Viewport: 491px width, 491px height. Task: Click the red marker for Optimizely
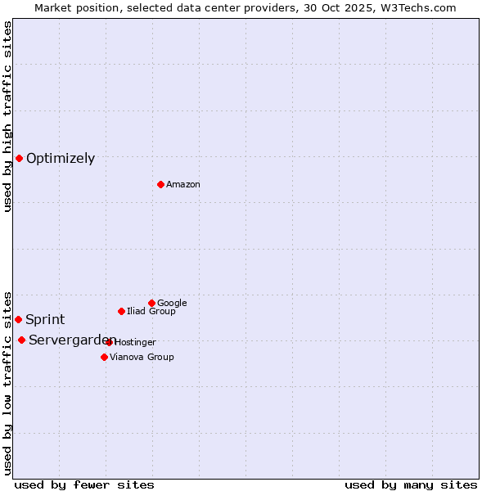[19, 158]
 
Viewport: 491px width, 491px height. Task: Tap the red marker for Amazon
[160, 184]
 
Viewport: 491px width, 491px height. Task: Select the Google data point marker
[151, 303]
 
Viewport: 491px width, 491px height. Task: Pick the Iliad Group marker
[121, 311]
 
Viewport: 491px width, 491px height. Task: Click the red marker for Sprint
[18, 319]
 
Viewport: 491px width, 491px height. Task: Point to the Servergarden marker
[21, 340]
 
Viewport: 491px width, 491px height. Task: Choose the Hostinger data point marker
[109, 342]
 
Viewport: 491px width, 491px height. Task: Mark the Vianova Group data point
[104, 357]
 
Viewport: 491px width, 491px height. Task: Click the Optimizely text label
[61, 159]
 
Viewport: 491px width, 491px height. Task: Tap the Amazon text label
[183, 185]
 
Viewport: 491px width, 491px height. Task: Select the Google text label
[172, 304]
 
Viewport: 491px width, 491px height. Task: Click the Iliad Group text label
[151, 312]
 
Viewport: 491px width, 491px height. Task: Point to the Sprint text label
[45, 320]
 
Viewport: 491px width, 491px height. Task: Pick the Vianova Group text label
[142, 358]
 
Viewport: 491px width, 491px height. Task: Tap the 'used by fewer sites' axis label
[84, 484]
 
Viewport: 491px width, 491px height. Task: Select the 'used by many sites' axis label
[411, 484]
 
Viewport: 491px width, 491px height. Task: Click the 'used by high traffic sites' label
[8, 116]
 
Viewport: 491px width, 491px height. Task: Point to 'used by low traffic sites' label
[8, 382]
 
